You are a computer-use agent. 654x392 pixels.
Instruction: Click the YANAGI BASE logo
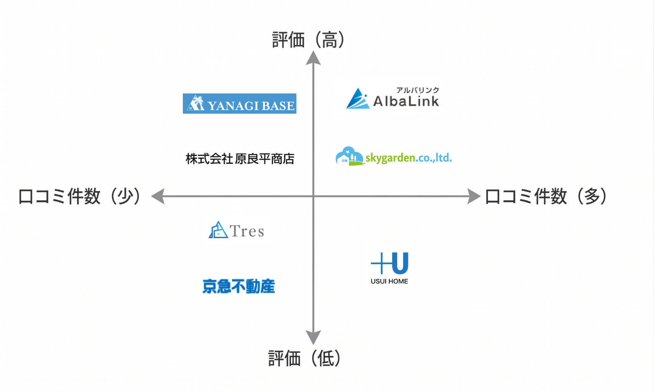coord(239,104)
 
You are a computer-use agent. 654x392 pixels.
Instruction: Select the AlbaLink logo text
coord(406,101)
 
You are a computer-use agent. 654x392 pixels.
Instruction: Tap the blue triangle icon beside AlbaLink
coord(357,99)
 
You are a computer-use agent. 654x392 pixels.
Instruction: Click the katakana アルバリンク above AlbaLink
coord(418,90)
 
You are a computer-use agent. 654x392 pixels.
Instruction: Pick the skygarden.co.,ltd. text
coord(408,158)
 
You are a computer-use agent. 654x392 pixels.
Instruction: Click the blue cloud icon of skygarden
coord(349,156)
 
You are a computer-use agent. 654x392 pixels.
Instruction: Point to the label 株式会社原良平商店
coord(240,159)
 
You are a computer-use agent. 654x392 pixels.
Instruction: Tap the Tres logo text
coord(247,231)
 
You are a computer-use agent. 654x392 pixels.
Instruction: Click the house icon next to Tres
coord(218,230)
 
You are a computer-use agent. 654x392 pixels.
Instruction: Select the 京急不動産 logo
coord(239,286)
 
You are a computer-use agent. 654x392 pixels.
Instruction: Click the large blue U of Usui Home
coord(400,263)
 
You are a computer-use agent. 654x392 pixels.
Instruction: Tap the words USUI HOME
coord(389,281)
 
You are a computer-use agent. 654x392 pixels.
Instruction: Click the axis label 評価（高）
coord(308,40)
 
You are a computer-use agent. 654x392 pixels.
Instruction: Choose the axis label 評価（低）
coord(305,359)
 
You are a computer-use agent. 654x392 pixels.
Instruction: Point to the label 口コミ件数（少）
coord(79,196)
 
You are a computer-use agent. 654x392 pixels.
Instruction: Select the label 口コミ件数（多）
coord(546,196)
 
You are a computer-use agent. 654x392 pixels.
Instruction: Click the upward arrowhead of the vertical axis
coord(313,58)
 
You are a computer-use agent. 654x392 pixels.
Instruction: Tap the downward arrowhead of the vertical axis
coord(313,336)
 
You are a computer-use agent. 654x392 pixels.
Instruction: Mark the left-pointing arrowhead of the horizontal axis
coord(158,196)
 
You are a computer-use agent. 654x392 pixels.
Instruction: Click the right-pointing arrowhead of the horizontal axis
coord(474,196)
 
